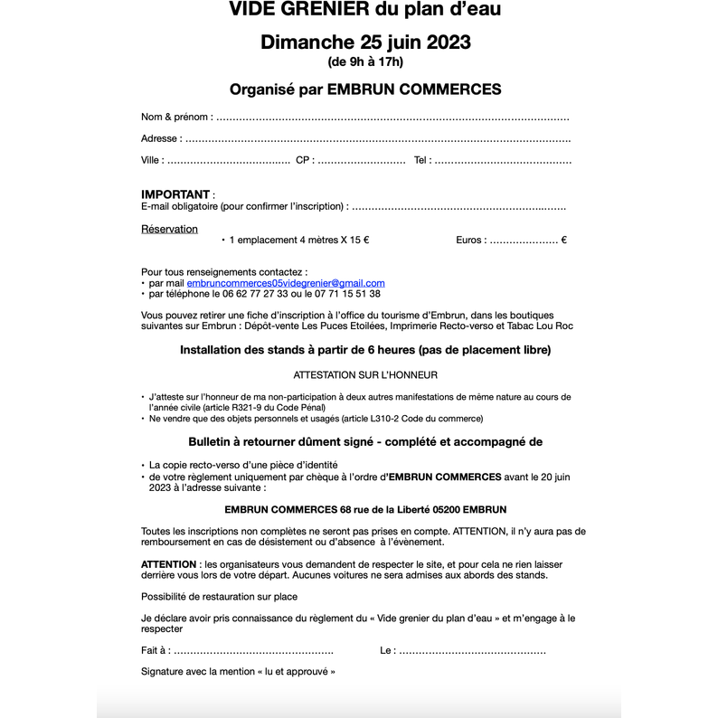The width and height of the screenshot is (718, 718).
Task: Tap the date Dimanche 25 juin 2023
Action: click(x=365, y=42)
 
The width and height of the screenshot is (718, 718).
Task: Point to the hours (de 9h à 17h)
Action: click(x=365, y=62)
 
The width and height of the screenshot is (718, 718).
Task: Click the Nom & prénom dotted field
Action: click(x=392, y=118)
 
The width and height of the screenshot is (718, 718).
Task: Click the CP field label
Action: click(x=304, y=160)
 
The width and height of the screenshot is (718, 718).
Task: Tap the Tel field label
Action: click(x=422, y=160)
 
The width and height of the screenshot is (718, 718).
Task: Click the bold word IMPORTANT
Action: click(x=175, y=194)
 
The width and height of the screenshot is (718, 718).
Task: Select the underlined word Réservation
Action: click(x=169, y=229)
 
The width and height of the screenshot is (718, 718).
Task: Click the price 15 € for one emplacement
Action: click(x=359, y=241)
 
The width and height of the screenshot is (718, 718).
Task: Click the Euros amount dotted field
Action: click(x=524, y=241)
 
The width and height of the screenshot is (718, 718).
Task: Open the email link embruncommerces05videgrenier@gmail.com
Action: click(x=285, y=283)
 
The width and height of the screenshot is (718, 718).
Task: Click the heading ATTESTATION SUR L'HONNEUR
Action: click(x=365, y=374)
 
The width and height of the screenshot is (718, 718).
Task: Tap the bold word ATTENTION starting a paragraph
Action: click(x=169, y=563)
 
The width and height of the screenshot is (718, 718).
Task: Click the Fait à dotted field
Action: click(x=253, y=651)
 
